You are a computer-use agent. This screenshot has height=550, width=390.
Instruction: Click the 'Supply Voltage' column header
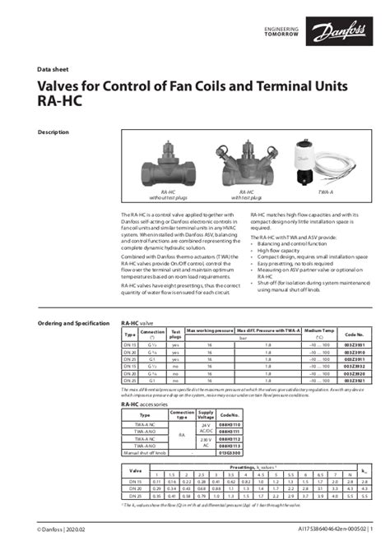click(x=206, y=415)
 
